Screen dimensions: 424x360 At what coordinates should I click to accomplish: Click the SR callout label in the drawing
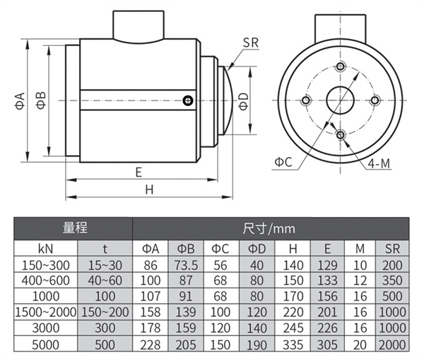pos(251,42)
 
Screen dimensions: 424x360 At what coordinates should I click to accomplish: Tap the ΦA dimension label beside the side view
pos(20,101)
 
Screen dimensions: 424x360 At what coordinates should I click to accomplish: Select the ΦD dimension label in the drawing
pos(243,102)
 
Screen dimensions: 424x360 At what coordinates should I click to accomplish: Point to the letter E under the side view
pos(139,173)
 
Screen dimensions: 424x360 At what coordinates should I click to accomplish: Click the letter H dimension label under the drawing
pos(149,190)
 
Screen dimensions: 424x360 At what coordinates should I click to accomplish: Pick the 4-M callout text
pos(379,163)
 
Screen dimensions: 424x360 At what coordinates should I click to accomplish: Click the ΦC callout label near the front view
pos(283,162)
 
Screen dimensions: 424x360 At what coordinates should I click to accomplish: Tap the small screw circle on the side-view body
pos(188,100)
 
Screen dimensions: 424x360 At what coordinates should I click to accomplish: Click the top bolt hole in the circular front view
pos(341,66)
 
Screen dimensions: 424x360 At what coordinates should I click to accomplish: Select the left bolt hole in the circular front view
pos(306,100)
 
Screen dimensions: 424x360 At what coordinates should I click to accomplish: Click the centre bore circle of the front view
pos(340,100)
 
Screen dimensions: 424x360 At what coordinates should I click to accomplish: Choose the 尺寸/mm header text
pos(269,228)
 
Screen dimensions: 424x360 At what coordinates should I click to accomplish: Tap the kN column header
pos(46,248)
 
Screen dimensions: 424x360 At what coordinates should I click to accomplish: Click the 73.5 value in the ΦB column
pos(186,265)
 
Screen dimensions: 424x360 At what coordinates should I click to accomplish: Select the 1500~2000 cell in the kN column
pos(46,312)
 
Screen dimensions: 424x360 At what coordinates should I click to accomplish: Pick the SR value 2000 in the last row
pos(392,345)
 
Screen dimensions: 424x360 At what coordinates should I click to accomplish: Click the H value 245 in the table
pos(293,328)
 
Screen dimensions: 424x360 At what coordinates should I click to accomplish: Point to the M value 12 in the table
pos(360,281)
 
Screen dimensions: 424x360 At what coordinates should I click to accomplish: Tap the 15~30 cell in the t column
pos(105,265)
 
